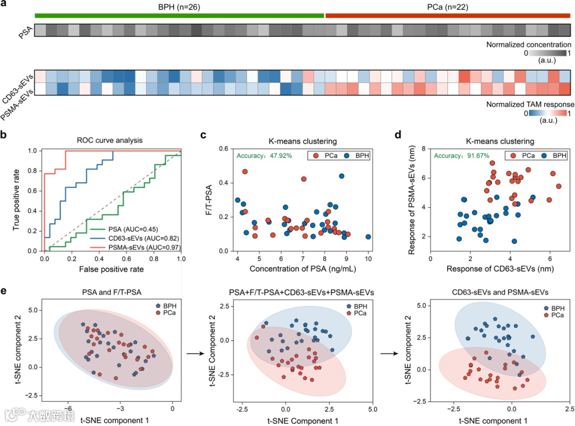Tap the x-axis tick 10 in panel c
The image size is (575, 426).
[368, 259]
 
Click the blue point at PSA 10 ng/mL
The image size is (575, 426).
[368, 237]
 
